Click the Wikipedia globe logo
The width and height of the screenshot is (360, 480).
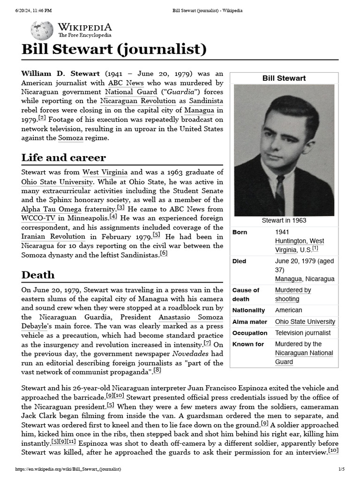42,30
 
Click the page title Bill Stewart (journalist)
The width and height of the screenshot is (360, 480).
114,50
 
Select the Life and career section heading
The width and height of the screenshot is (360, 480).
64,157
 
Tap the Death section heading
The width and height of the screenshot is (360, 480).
38,275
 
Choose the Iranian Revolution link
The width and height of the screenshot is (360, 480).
53,237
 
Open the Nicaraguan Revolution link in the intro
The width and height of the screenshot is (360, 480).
138,101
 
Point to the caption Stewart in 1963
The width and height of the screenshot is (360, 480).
284,220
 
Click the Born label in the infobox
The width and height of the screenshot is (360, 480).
240,232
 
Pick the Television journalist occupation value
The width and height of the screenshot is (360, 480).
303,333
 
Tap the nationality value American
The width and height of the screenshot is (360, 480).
289,310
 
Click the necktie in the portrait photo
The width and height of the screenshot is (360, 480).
280,195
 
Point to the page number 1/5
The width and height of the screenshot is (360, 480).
341,469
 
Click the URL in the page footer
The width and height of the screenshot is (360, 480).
68,469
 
